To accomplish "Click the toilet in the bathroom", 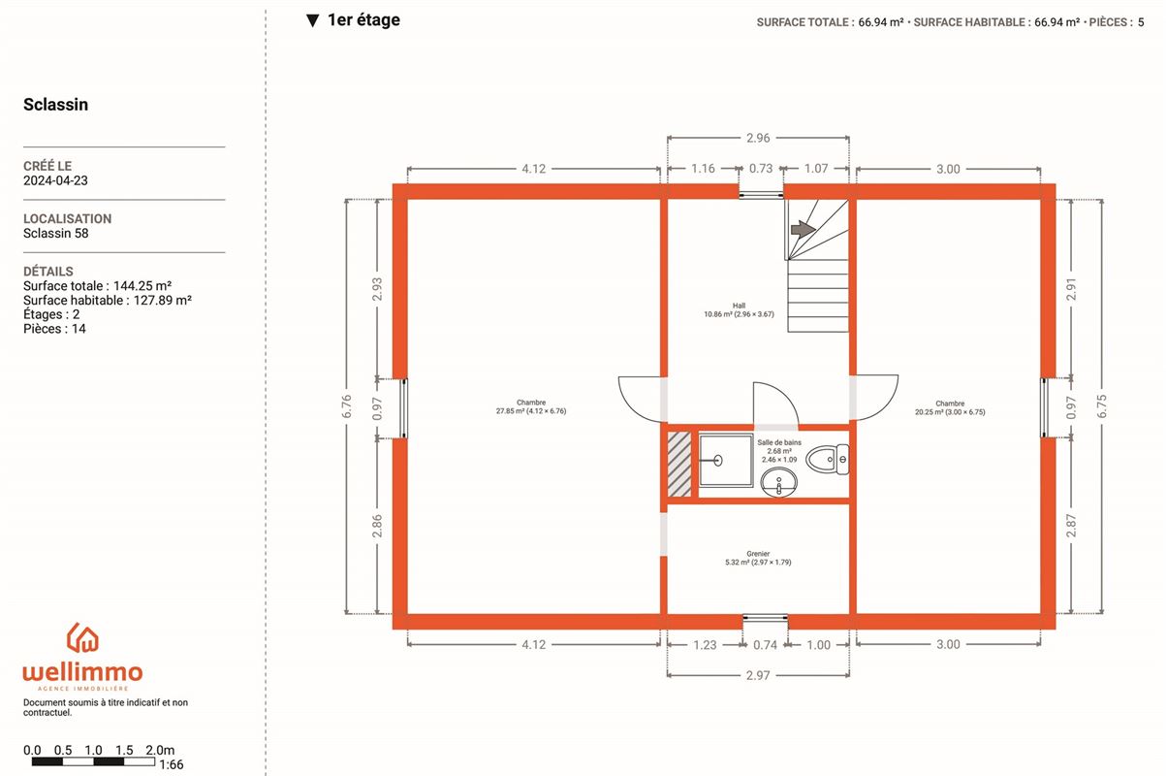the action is [x=828, y=460].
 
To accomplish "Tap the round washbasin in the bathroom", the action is [x=778, y=482].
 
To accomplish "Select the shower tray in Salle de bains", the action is [x=726, y=461].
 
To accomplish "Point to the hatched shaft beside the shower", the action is [x=679, y=464].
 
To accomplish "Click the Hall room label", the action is [x=739, y=309].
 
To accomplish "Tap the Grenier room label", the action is [x=758, y=558].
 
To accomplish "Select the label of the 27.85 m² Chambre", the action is [x=531, y=406].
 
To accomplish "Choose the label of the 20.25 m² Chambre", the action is [x=950, y=407].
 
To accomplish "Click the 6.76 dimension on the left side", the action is [x=347, y=406].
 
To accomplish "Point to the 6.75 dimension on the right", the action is [x=1101, y=406].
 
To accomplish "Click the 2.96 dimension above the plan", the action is [x=758, y=138].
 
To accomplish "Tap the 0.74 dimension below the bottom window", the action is [x=765, y=645].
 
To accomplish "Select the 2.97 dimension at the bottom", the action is [x=758, y=675].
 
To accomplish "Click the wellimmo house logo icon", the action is [x=82, y=637].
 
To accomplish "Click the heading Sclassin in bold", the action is [x=55, y=104].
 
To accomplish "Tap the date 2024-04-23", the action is [x=55, y=180].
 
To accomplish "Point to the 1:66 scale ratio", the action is [x=172, y=764].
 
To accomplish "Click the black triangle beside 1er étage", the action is [x=312, y=20].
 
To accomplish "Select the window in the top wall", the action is [x=761, y=195].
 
